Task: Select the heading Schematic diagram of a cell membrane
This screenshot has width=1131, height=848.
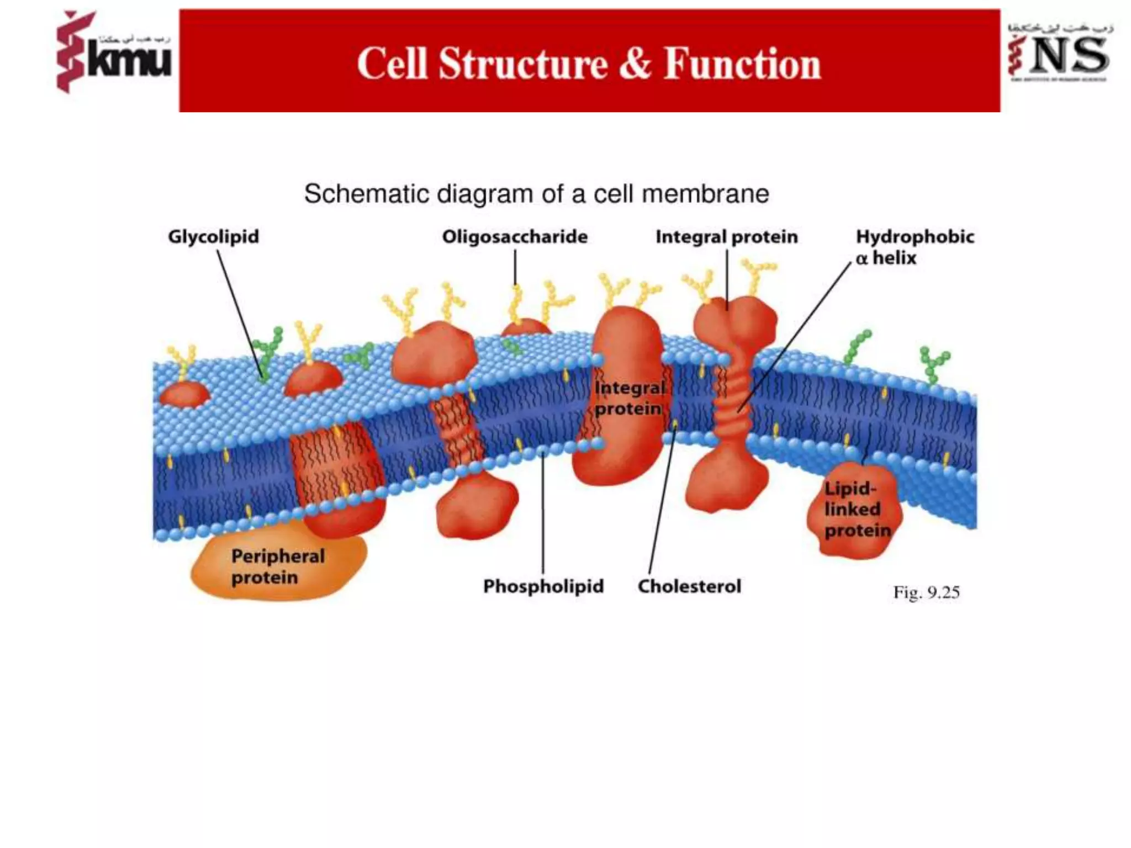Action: (x=536, y=194)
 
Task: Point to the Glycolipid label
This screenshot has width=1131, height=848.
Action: (x=213, y=237)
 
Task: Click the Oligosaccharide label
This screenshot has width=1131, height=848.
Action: (x=515, y=237)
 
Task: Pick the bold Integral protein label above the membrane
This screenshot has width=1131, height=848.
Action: (x=726, y=237)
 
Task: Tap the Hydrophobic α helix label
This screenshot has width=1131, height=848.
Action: (x=914, y=247)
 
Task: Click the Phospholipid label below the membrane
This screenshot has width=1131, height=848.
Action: (x=543, y=586)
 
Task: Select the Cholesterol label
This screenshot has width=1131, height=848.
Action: (x=689, y=586)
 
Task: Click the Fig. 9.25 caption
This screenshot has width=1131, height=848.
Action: (x=926, y=592)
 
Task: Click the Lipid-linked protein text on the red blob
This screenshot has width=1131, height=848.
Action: (x=856, y=510)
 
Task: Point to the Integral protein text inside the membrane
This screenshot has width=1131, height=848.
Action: (x=628, y=398)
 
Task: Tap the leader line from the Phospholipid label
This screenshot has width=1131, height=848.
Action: (x=543, y=513)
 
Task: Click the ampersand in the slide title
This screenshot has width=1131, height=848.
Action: (x=635, y=64)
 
